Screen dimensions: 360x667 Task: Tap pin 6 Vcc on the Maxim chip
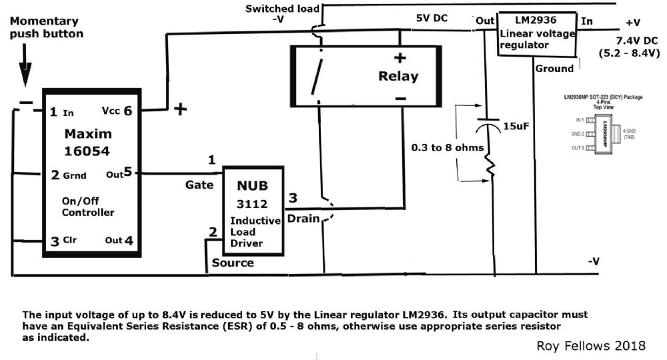pos(121,112)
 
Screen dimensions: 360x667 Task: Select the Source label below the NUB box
pos(233,263)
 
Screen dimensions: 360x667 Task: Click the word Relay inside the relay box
pos(398,76)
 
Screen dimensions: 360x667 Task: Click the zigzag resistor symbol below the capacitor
pos(492,163)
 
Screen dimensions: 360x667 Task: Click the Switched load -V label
pos(283,13)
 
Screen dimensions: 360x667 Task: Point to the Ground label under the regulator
pos(554,68)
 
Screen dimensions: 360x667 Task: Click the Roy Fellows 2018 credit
pos(592,345)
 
